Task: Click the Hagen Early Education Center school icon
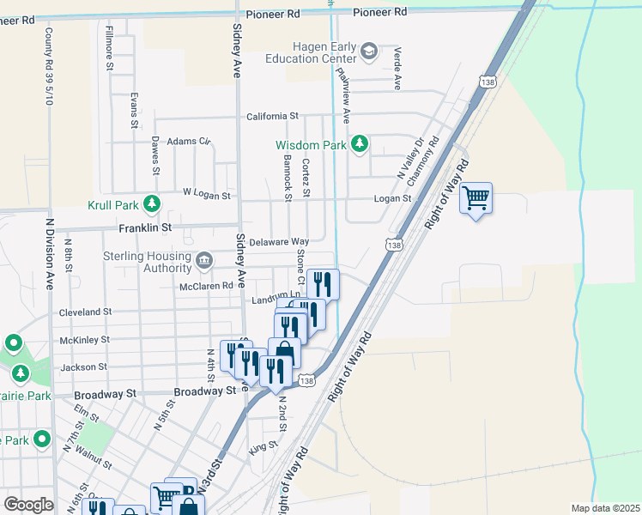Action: click(x=369, y=51)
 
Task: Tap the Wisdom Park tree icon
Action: click(x=360, y=144)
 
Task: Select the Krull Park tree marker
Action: click(x=152, y=204)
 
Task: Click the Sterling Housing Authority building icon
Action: click(x=204, y=260)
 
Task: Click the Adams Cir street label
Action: click(x=189, y=141)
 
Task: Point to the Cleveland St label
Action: click(x=85, y=312)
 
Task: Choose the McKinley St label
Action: click(x=85, y=340)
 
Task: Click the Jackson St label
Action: click(x=83, y=367)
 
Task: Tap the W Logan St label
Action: click(x=207, y=196)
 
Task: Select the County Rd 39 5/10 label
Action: click(x=48, y=59)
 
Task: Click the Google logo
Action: click(x=28, y=505)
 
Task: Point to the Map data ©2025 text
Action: click(x=604, y=508)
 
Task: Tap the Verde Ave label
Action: click(x=397, y=70)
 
